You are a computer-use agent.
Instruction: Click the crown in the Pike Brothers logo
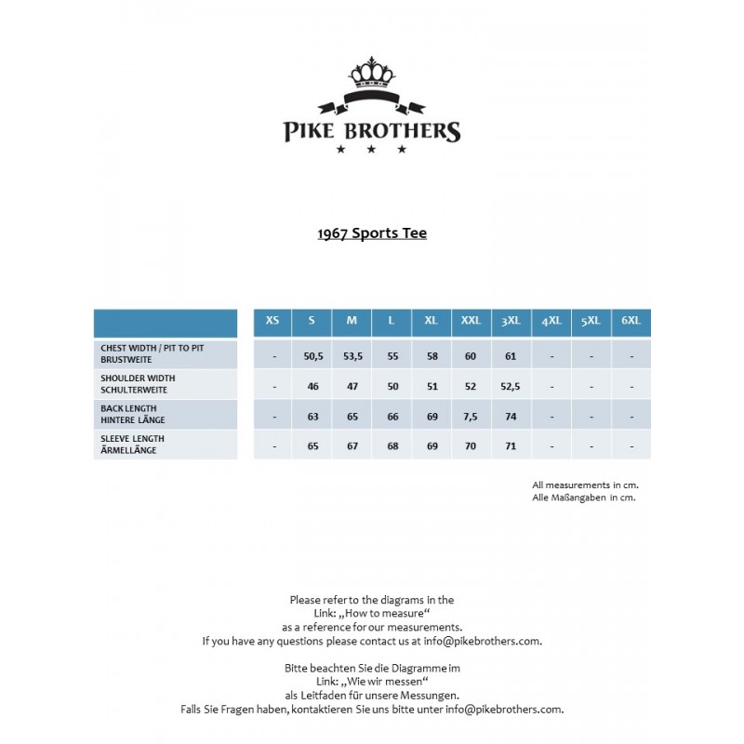[x=371, y=72]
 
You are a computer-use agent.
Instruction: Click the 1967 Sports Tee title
[x=372, y=233]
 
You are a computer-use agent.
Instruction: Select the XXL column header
[x=472, y=321]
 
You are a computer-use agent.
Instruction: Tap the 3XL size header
[x=511, y=321]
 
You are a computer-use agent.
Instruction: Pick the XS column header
[x=272, y=321]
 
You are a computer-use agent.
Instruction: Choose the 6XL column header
[x=631, y=321]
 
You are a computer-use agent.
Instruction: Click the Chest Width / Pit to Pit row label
[x=153, y=352]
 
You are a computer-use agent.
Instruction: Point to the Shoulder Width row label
[x=138, y=383]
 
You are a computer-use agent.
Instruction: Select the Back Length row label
[x=133, y=414]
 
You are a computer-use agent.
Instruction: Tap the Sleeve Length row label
[x=133, y=444]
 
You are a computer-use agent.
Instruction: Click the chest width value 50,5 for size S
[x=312, y=356]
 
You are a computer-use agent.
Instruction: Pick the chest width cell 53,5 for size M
[x=352, y=356]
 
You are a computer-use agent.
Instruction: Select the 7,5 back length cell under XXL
[x=471, y=417]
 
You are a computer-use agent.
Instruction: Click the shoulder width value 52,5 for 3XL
[x=511, y=386]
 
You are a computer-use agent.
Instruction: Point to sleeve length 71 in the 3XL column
[x=511, y=446]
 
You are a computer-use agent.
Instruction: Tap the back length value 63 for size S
[x=312, y=417]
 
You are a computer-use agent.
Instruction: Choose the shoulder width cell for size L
[x=392, y=386]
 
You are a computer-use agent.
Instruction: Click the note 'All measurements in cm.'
[x=585, y=485]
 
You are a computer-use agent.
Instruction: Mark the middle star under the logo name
[x=371, y=149]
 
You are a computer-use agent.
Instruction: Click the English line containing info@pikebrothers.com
[x=372, y=641]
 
